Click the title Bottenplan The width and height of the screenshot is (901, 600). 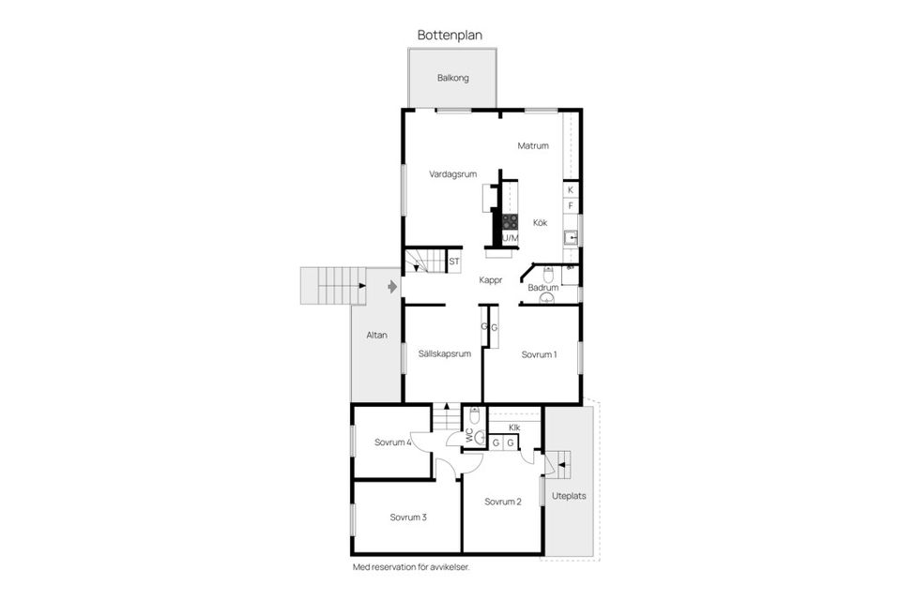450,34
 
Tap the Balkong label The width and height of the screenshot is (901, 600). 452,78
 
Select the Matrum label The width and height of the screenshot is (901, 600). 532,146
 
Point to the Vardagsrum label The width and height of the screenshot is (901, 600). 454,174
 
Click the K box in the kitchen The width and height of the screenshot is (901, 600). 570,190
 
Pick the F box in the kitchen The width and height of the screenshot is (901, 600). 570,205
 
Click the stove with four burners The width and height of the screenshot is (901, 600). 510,222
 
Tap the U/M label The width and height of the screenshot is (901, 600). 510,239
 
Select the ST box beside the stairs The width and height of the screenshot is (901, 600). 454,262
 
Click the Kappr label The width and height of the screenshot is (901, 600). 491,279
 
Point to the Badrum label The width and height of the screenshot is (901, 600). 542,288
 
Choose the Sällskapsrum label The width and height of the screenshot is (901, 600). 444,354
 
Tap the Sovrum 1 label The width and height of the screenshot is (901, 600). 539,354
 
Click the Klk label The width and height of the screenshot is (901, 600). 514,427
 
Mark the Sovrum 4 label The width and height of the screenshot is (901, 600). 393,442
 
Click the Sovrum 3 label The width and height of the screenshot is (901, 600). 408,517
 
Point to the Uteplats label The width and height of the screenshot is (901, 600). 569,496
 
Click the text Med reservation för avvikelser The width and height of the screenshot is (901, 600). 411,567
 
